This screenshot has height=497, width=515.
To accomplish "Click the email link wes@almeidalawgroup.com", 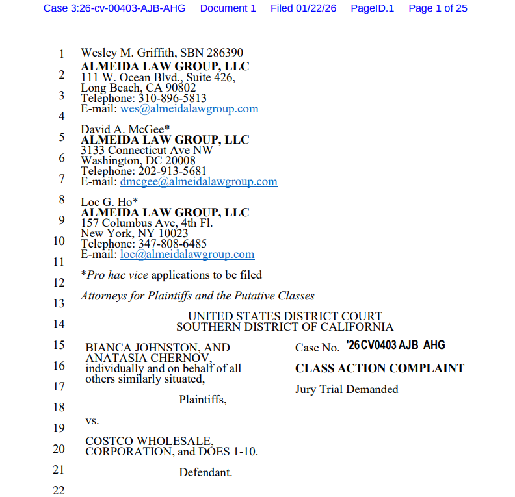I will point(189,109).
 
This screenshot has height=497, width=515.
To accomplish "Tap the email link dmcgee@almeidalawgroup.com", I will point(198,182).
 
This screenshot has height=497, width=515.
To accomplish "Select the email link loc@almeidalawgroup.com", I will point(187,255).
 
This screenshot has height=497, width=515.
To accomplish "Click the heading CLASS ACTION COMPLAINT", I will point(380,368).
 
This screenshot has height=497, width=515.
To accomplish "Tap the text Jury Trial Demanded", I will point(347,389).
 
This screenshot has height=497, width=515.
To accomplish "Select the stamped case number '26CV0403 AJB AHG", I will point(395,346).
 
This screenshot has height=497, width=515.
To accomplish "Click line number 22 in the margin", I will point(59,491).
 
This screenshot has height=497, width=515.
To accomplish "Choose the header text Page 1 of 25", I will point(438,8).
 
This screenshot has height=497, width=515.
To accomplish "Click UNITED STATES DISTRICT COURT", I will point(285,317).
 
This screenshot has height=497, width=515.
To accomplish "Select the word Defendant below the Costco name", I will point(205,472).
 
